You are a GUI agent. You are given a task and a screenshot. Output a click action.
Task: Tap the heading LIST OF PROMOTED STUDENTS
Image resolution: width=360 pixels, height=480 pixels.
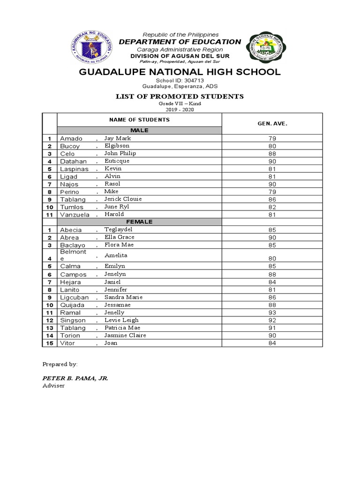180,97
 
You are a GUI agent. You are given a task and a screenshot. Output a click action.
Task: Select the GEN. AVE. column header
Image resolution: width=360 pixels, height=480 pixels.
272,124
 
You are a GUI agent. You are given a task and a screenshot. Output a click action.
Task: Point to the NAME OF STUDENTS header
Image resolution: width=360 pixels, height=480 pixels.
139,120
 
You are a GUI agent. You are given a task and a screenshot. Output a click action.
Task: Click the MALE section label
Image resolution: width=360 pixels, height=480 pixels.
139,130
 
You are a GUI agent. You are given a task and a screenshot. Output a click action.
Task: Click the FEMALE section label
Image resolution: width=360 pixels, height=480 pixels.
139,222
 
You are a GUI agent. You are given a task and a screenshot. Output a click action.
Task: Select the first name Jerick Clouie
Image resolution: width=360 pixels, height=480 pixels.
123,199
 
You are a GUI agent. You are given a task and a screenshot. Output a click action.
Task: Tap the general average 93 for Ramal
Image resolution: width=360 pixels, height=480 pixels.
272,313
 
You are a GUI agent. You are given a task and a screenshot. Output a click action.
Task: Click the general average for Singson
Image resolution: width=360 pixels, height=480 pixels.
272,321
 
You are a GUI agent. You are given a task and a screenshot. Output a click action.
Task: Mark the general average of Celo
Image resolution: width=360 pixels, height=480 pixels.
272,154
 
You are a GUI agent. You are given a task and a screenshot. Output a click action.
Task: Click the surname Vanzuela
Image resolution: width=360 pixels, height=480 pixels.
74,215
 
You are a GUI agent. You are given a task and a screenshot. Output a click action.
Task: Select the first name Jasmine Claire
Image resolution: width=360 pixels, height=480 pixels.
125,335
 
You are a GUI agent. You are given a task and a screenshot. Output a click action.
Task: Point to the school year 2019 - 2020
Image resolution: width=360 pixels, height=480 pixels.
180,110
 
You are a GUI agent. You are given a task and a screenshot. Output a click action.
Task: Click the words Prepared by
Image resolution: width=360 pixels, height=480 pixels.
60,364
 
